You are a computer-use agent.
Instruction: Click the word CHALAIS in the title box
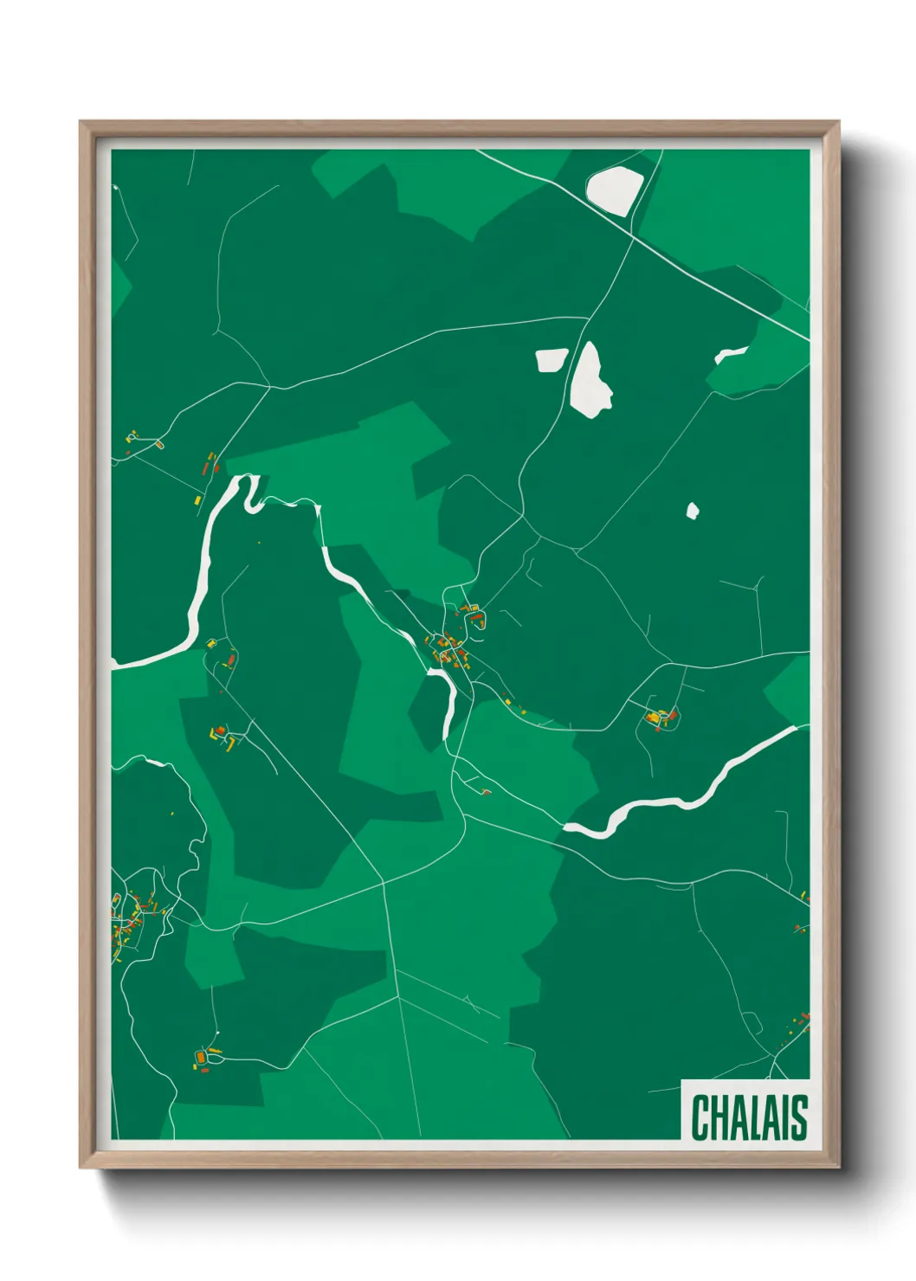pyautogui.click(x=749, y=1117)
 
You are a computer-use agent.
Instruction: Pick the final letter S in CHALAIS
pyautogui.click(x=799, y=1117)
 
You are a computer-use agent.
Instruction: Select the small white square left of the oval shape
pyautogui.click(x=551, y=360)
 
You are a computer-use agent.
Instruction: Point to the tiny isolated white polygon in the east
pyautogui.click(x=693, y=511)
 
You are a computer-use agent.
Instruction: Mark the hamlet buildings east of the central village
pyautogui.click(x=660, y=718)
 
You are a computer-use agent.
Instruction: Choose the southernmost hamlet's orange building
pyautogui.click(x=202, y=1058)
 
